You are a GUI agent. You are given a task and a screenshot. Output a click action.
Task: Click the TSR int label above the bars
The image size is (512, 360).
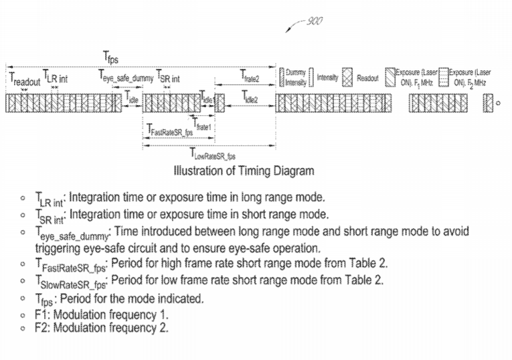coord(168,78)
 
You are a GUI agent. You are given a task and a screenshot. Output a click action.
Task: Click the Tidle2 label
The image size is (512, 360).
coord(251,98)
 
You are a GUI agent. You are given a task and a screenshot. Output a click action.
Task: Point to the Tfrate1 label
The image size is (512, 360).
coord(202,124)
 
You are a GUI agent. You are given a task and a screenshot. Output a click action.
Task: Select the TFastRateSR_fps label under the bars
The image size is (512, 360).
coord(170,132)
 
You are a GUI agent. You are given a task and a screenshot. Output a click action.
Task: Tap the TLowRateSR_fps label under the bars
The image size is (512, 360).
coord(212,157)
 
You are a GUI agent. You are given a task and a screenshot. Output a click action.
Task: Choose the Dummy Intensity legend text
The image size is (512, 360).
coord(296,78)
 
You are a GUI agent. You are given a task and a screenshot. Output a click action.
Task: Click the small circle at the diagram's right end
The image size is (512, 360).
coord(498,103)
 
